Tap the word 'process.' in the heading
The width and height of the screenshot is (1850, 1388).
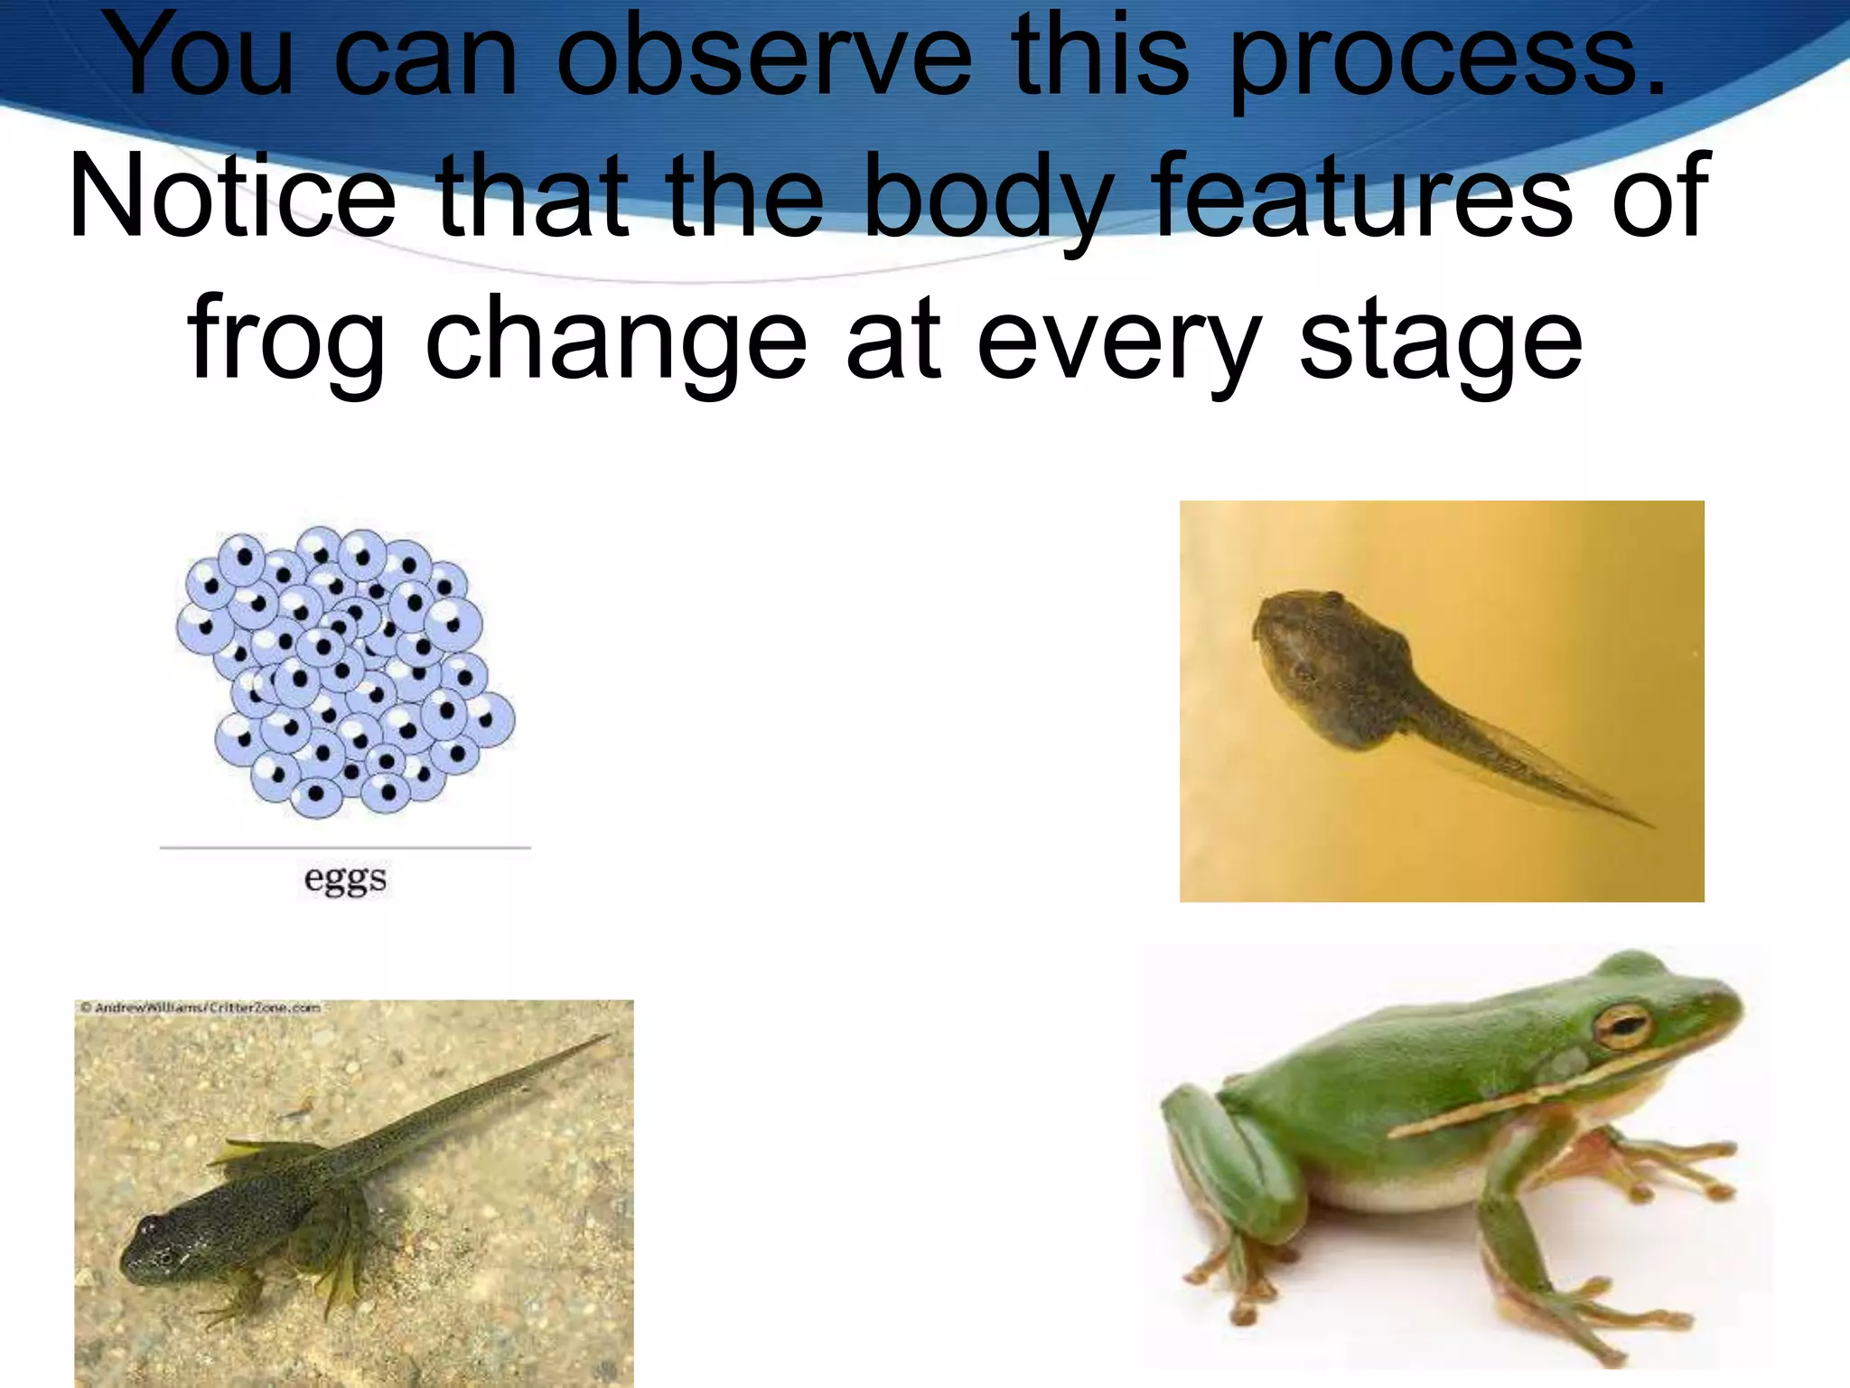pos(1446,59)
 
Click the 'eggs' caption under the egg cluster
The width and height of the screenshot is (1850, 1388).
pos(345,879)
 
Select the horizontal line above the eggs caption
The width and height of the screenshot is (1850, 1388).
pos(345,848)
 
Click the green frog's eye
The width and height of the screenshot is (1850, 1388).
pos(1623,1026)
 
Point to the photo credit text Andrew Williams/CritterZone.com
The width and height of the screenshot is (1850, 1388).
pos(200,1007)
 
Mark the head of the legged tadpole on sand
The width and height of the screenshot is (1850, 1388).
pos(158,1243)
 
